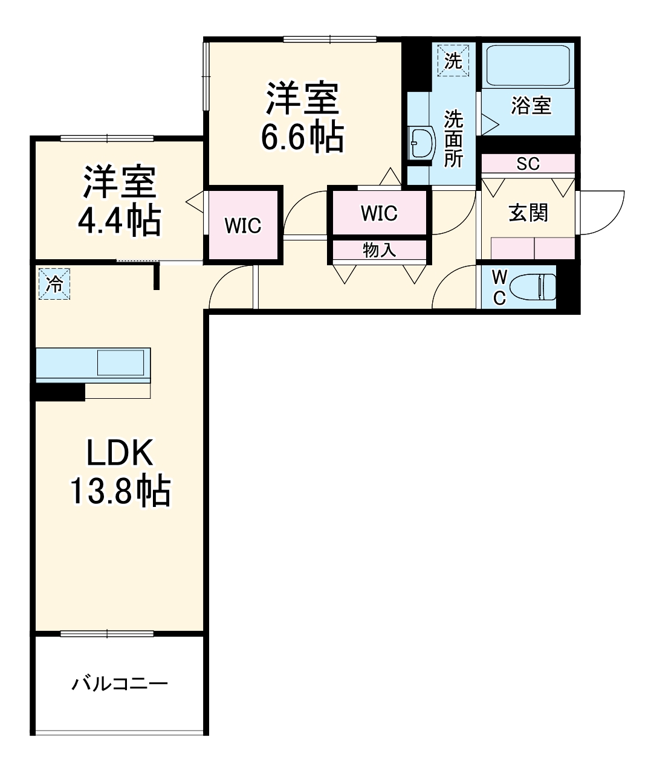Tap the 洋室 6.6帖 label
(x=302, y=118)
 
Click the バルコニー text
(x=120, y=684)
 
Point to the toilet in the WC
(x=533, y=286)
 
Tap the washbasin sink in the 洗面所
(x=421, y=143)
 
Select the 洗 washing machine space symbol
(x=453, y=60)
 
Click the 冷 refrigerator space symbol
(x=54, y=283)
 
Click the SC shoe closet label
(x=528, y=164)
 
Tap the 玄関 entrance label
(x=528, y=213)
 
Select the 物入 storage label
(x=380, y=250)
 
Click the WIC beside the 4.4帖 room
(x=243, y=225)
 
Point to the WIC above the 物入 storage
(x=379, y=213)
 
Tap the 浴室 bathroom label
(x=531, y=106)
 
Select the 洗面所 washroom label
(x=453, y=139)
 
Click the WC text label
(x=499, y=287)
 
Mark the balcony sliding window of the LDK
(x=108, y=633)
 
